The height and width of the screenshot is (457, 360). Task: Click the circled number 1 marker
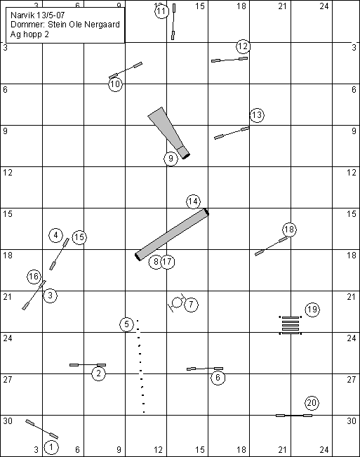pyautogui.click(x=51, y=446)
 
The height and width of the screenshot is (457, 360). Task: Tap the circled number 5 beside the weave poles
pyautogui.click(x=126, y=324)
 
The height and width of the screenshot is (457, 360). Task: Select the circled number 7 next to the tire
pyautogui.click(x=191, y=305)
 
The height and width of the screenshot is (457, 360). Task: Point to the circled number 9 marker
pyautogui.click(x=171, y=159)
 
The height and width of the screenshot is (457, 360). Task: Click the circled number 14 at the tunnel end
pyautogui.click(x=193, y=201)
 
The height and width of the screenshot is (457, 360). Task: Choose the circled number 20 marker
pyautogui.click(x=312, y=403)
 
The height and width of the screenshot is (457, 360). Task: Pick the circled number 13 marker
pyautogui.click(x=257, y=115)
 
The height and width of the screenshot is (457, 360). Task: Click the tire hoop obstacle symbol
pyautogui.click(x=177, y=303)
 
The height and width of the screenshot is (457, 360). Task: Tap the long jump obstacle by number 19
pyautogui.click(x=291, y=325)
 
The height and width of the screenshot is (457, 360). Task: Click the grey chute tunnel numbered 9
pyautogui.click(x=169, y=133)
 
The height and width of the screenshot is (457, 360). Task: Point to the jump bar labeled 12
pyautogui.click(x=229, y=60)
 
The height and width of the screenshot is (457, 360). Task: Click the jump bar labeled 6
pyautogui.click(x=205, y=369)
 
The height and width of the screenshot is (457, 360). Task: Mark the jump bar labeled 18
pyautogui.click(x=271, y=246)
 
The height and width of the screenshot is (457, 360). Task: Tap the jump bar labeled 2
pyautogui.click(x=88, y=365)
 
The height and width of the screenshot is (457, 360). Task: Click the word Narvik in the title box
pyautogui.click(x=21, y=15)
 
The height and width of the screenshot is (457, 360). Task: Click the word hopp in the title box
pyautogui.click(x=33, y=34)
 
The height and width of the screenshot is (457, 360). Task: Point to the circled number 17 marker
pyautogui.click(x=168, y=262)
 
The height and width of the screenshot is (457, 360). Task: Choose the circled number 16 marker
pyautogui.click(x=34, y=277)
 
